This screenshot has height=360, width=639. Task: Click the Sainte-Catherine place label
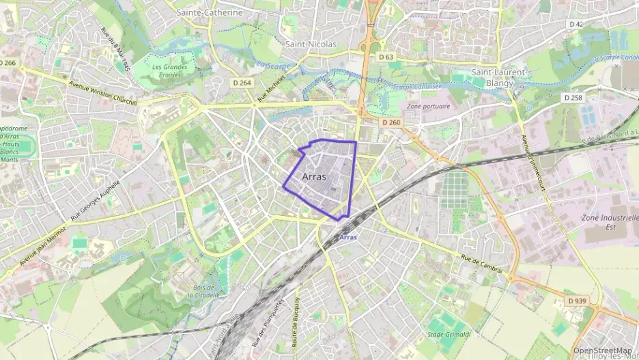pos(210,12)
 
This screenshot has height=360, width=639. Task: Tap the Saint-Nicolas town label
pos(312,44)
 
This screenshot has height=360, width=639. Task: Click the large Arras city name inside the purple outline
pos(314,176)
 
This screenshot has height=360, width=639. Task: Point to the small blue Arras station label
pos(347,237)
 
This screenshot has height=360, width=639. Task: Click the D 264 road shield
pos(242,83)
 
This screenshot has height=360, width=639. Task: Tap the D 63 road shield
pos(386,57)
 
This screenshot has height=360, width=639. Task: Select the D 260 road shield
pos(391,122)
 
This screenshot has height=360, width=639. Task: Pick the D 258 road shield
pos(573,98)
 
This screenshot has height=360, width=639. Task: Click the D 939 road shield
pos(578,301)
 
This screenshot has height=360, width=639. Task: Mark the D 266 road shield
pos(8,63)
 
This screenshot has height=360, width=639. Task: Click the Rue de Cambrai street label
pos(481,264)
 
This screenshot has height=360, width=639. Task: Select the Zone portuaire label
pos(428,107)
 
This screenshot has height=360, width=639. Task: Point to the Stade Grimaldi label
pos(444,334)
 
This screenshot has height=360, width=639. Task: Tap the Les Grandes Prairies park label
pos(170,71)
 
